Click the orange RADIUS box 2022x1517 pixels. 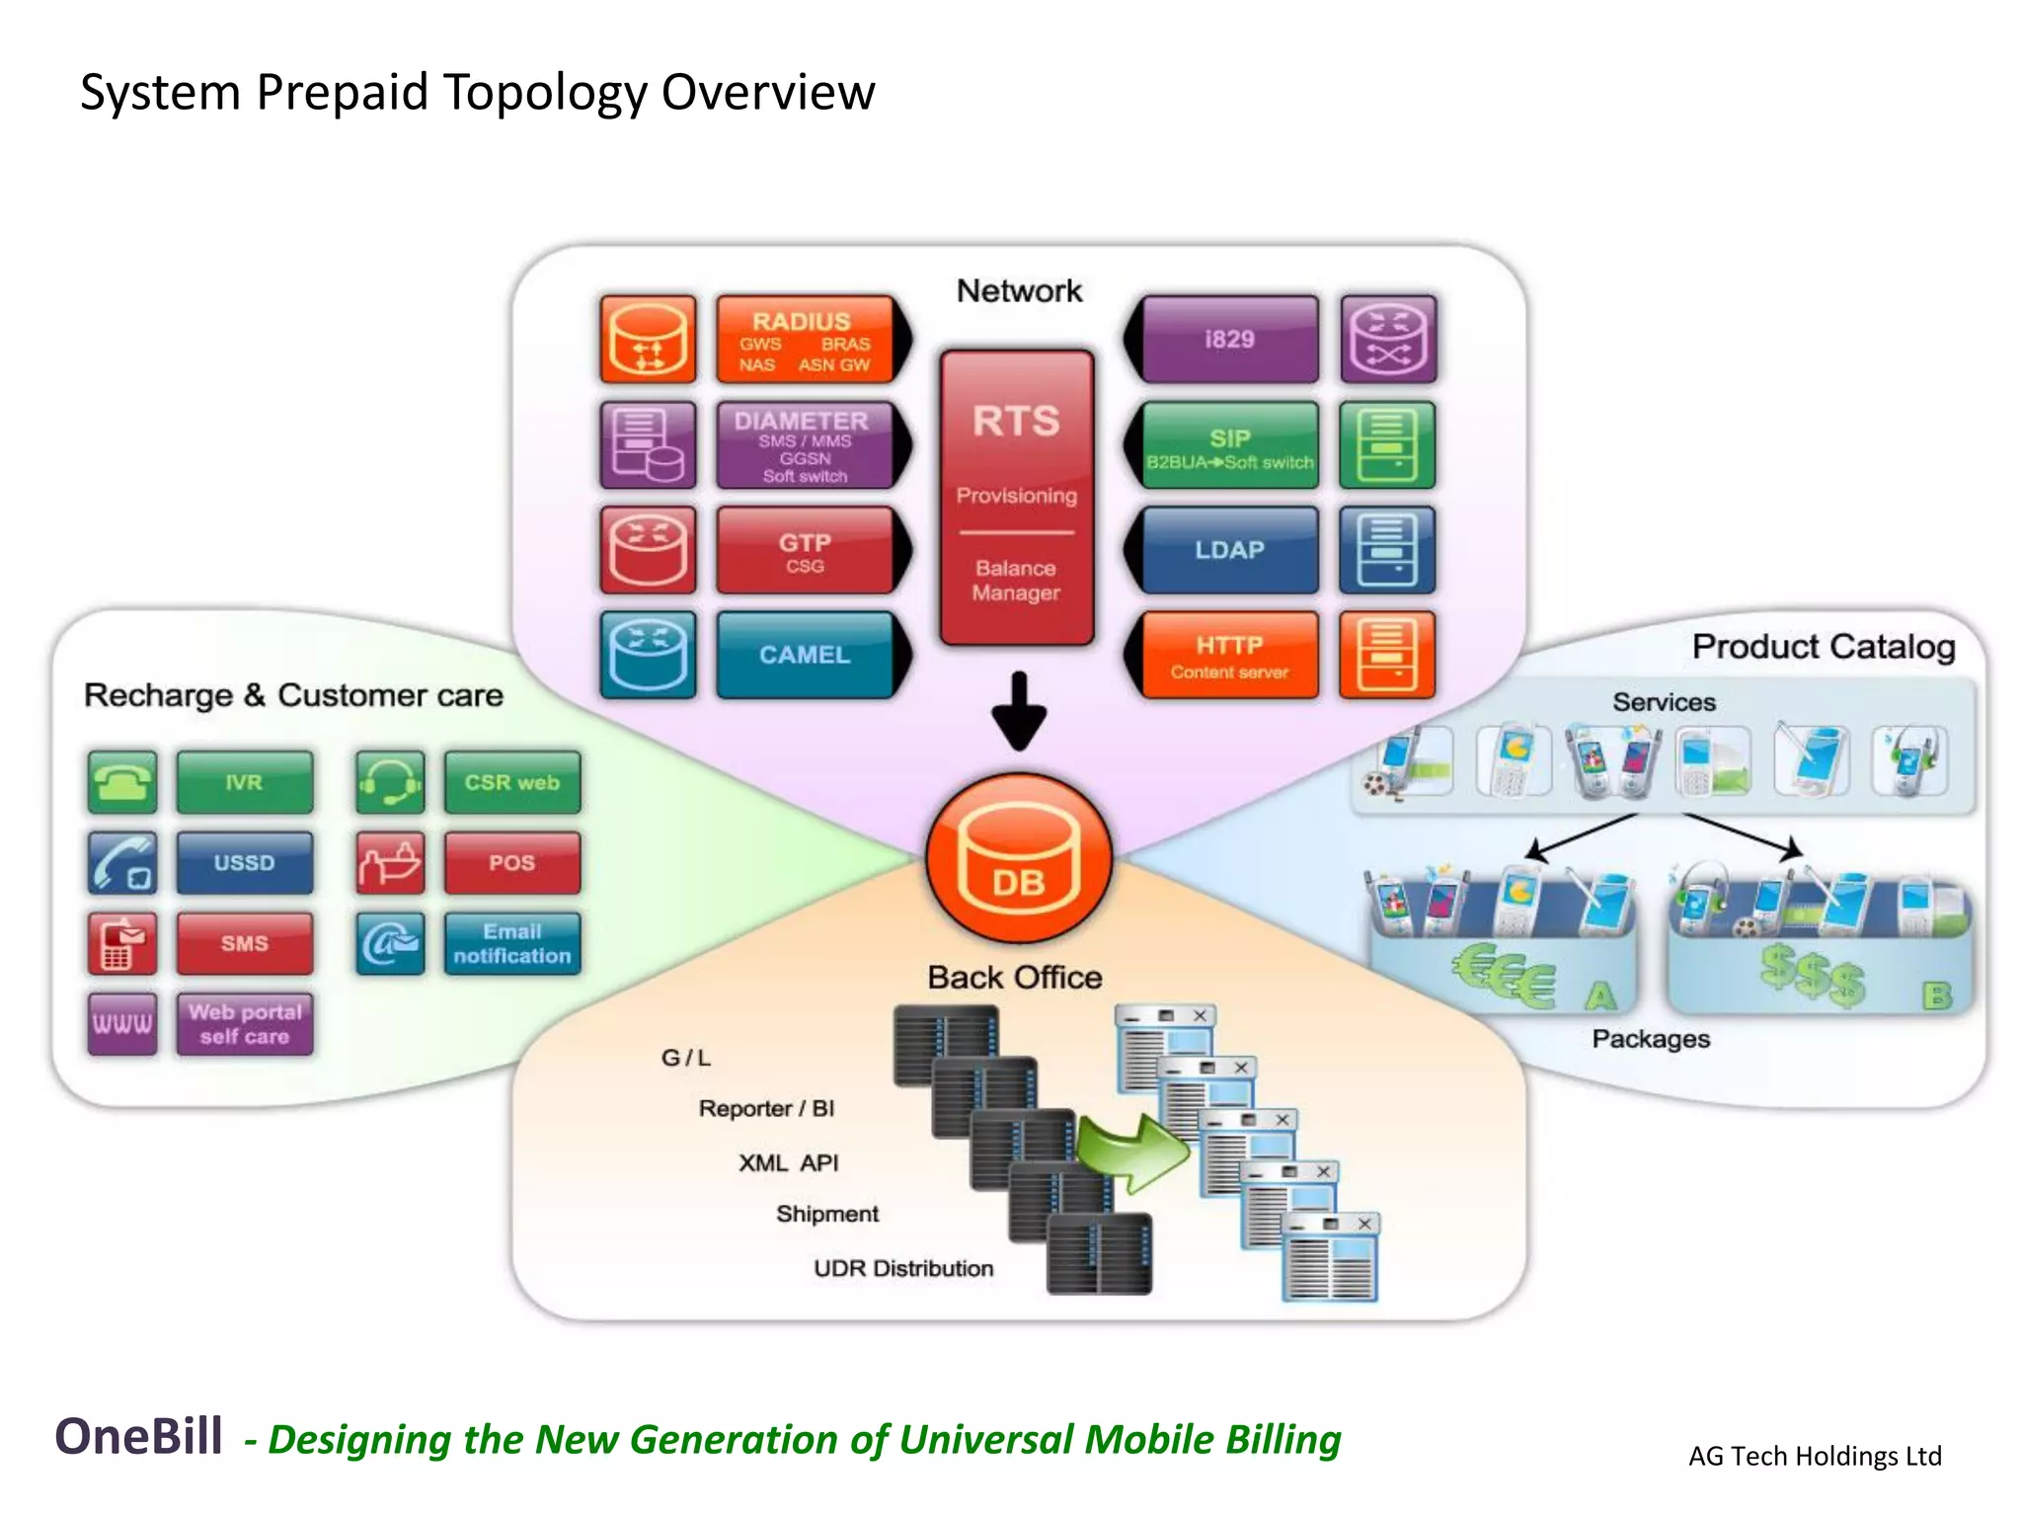click(805, 340)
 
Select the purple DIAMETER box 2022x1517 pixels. click(805, 445)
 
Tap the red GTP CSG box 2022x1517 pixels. click(805, 551)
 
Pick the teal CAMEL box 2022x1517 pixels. click(805, 655)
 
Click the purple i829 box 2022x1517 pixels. click(1229, 340)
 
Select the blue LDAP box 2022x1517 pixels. click(1229, 550)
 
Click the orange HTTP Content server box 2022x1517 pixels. click(1229, 655)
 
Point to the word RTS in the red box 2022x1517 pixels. click(1016, 422)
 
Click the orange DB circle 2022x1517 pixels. click(1019, 858)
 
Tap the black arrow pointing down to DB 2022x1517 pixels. click(1019, 712)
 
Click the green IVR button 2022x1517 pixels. click(244, 782)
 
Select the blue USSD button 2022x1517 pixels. click(244, 862)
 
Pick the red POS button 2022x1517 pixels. click(511, 862)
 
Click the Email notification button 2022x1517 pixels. click(511, 943)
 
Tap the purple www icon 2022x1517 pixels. click(121, 1024)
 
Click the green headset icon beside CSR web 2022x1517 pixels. click(390, 782)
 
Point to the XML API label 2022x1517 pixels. click(788, 1162)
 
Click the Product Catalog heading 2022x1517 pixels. click(1823, 647)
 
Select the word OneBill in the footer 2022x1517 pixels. click(138, 1436)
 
